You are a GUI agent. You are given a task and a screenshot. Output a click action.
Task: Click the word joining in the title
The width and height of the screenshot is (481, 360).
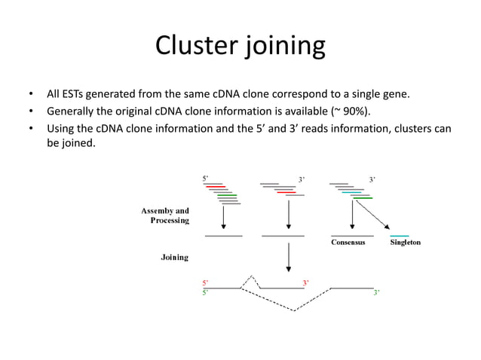pos(285,47)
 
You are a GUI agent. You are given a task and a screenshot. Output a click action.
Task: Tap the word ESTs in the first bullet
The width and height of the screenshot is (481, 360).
pos(77,95)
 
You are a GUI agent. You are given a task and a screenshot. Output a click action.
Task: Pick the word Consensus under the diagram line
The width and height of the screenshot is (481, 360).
pos(348,243)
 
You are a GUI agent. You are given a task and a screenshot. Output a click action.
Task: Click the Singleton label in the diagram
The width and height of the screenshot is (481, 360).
pos(405,243)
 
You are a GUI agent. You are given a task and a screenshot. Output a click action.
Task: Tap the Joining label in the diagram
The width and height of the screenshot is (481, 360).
pos(174,258)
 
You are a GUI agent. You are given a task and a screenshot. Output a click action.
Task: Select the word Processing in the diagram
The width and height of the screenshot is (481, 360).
pos(169,221)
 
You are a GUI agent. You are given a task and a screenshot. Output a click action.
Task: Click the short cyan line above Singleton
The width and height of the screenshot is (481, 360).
pos(400,236)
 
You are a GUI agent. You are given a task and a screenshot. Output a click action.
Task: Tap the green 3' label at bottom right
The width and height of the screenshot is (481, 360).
pos(375,292)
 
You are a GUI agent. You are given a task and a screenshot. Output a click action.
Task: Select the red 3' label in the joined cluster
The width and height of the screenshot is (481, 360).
pos(305,282)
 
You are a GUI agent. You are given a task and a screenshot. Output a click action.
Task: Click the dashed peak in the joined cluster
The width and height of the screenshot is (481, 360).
pos(251,277)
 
